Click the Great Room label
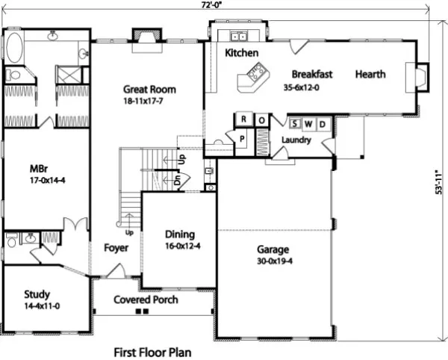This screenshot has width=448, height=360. (149, 90)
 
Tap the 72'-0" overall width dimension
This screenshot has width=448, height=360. (211, 5)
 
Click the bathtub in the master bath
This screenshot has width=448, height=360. (14, 48)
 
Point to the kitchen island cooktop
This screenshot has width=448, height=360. (258, 71)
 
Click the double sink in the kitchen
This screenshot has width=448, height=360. (239, 37)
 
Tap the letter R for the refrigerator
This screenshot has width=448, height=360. (243, 119)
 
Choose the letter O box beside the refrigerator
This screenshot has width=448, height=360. (261, 120)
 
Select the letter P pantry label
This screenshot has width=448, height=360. (242, 139)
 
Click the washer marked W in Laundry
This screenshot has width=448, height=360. (308, 124)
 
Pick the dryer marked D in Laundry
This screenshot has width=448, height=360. (323, 124)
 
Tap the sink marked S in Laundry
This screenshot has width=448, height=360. (295, 124)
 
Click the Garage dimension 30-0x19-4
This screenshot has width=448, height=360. (275, 261)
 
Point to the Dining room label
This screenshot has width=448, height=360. (180, 235)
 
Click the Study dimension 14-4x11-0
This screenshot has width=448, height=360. (42, 306)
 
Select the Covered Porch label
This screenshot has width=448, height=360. (146, 300)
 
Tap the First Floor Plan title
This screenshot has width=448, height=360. (152, 353)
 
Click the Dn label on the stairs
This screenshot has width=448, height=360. (178, 180)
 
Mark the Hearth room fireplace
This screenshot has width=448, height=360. (417, 77)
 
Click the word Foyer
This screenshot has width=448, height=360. (116, 248)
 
